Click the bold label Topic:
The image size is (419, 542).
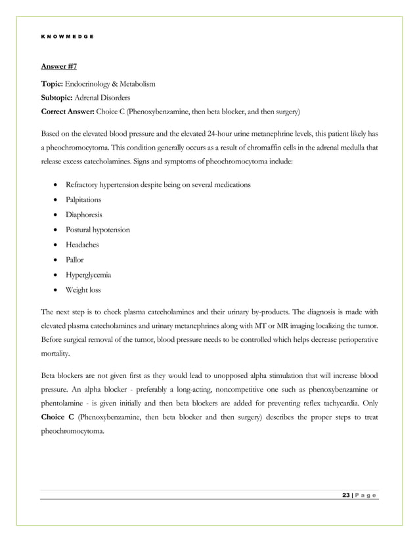(53, 85)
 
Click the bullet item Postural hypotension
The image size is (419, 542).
(97, 230)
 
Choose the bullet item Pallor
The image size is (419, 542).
(74, 260)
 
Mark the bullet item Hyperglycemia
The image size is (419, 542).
(87, 275)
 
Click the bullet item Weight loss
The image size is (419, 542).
(83, 290)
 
